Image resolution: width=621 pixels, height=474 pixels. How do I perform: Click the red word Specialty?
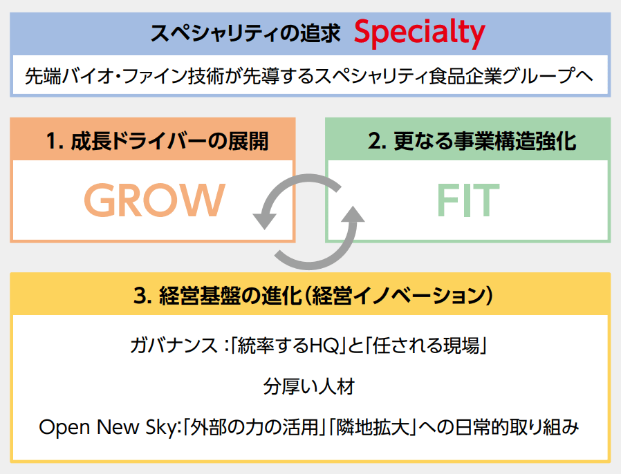pyautogui.click(x=420, y=32)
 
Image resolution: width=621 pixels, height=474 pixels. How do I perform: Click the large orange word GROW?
pyautogui.click(x=154, y=200)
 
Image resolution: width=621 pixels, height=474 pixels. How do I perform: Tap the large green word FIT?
pyautogui.click(x=467, y=200)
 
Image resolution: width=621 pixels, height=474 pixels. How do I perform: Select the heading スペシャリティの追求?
pyautogui.click(x=245, y=33)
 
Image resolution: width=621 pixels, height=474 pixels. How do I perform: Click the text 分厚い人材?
pyautogui.click(x=309, y=386)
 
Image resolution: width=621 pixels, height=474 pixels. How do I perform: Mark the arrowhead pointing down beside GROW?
pyautogui.click(x=263, y=220)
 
